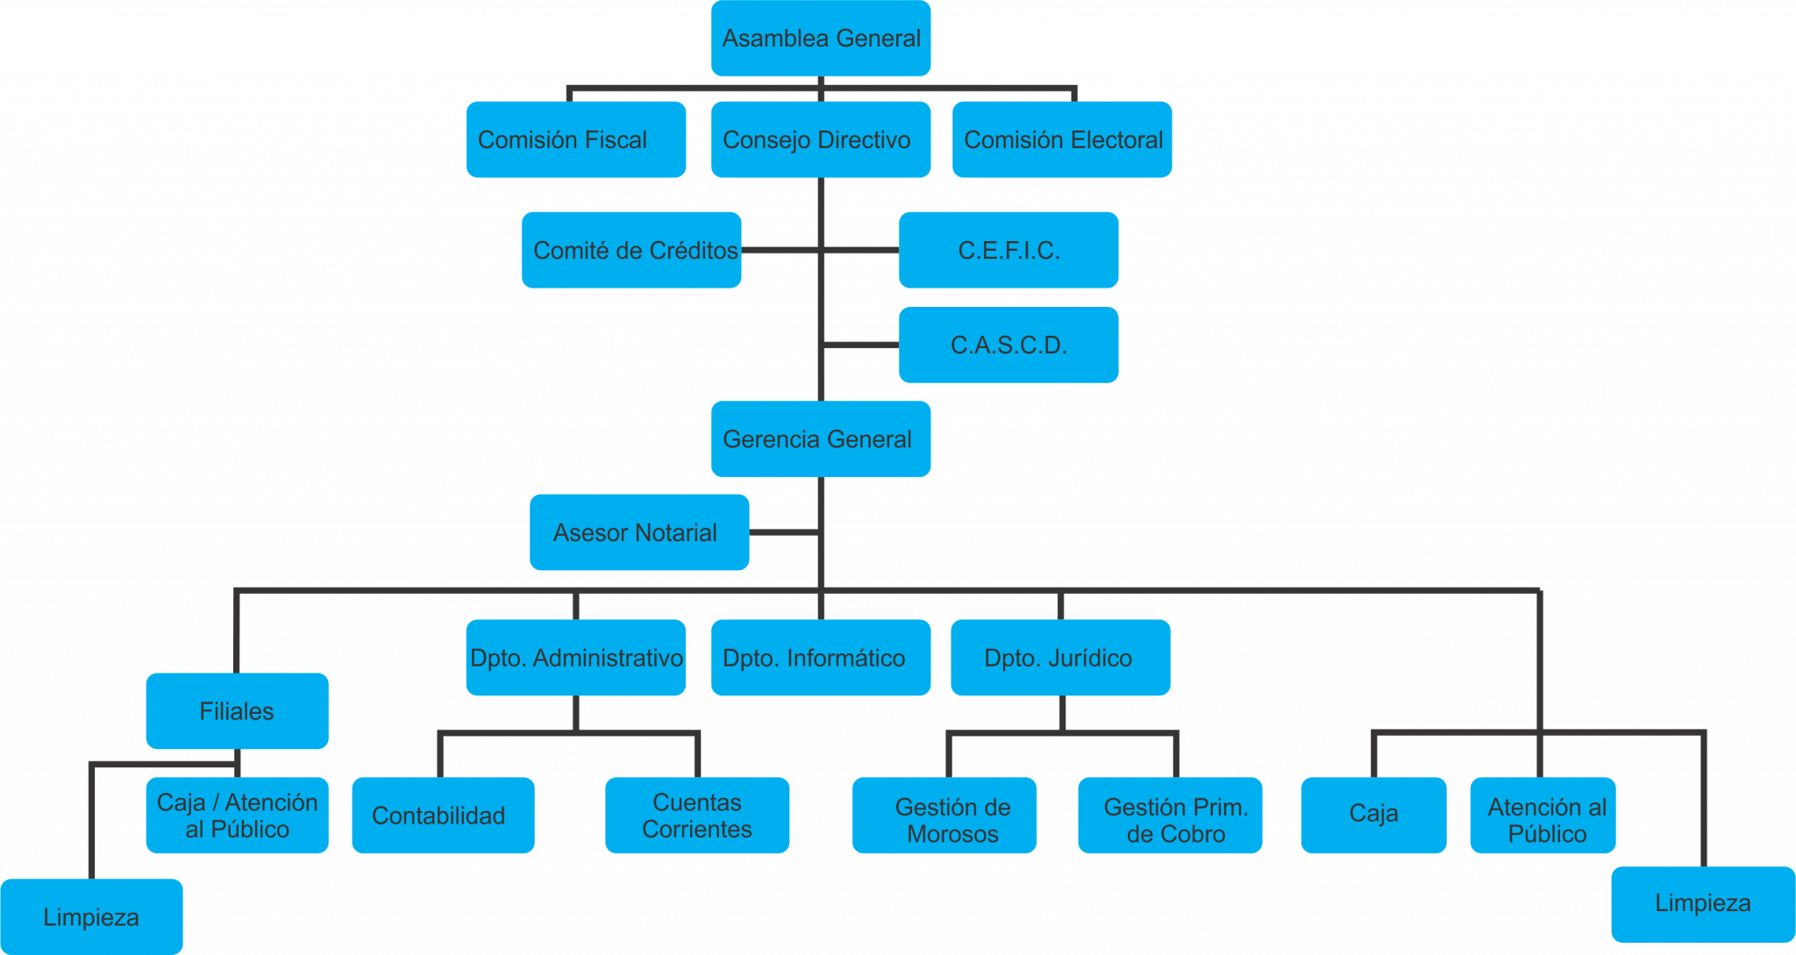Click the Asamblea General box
click(x=821, y=38)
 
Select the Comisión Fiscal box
click(x=576, y=139)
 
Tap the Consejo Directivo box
click(x=821, y=139)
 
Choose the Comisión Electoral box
click(x=1062, y=139)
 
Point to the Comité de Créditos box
click(x=631, y=250)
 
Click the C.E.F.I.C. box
click(x=1008, y=250)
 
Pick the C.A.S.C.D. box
click(x=1008, y=345)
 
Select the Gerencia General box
click(x=821, y=438)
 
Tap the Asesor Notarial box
click(x=639, y=532)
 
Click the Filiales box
click(x=238, y=710)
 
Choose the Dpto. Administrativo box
click(x=576, y=658)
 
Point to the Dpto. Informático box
click(x=821, y=658)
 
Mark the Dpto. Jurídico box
click(x=1060, y=658)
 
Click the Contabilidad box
click(x=443, y=815)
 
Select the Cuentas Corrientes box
click(x=697, y=815)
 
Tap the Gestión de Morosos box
click(x=944, y=815)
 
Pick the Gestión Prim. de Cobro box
click(x=1170, y=815)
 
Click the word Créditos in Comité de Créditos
click(x=693, y=251)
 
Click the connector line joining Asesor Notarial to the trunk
click(x=784, y=532)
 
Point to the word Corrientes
click(x=697, y=830)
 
